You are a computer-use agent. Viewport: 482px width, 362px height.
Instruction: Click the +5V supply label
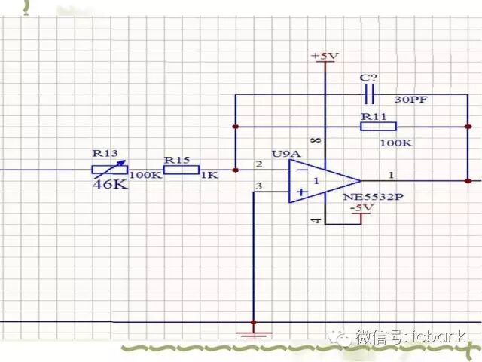point(325,57)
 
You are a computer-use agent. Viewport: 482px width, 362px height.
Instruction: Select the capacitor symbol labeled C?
point(369,95)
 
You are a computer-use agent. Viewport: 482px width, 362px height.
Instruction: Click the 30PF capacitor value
point(411,98)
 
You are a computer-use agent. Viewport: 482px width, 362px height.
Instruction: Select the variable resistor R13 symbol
point(109,170)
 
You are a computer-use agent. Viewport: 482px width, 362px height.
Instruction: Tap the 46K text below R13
point(109,184)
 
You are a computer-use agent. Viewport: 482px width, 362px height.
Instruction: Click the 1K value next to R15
point(209,175)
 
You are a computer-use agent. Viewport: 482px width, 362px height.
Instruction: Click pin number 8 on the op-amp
point(316,141)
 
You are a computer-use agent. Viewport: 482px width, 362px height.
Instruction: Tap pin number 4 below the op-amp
point(316,220)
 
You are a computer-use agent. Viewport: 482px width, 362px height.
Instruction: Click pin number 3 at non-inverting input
point(259,186)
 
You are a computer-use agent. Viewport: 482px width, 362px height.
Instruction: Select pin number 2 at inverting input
point(259,164)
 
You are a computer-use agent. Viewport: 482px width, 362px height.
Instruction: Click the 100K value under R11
point(395,142)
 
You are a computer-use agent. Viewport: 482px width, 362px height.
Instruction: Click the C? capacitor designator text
point(367,78)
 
